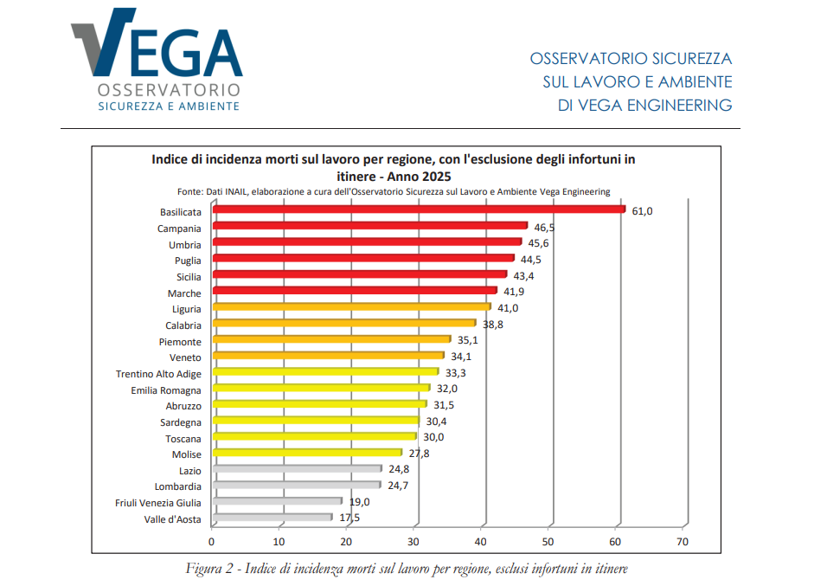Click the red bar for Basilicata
tap(418, 209)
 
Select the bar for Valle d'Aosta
tap(272, 518)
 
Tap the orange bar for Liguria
tap(350, 306)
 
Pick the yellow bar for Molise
tap(307, 453)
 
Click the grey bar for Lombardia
tap(296, 486)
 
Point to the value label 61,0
tap(642, 211)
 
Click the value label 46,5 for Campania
tap(543, 228)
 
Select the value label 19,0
tap(359, 502)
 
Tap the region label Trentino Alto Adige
tap(158, 374)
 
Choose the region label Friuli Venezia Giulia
tap(158, 503)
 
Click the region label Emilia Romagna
tap(163, 390)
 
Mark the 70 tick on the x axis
tap(683, 542)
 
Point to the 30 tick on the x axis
tap(413, 542)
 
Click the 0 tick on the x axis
tap(212, 542)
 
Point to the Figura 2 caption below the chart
tap(406, 569)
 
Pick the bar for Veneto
tap(328, 356)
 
